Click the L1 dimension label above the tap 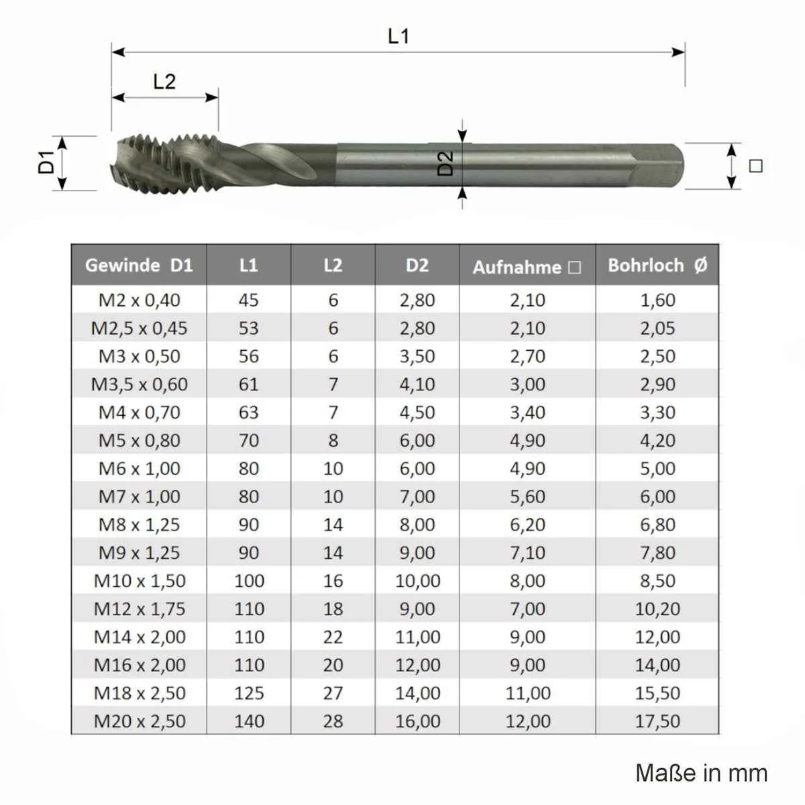[x=398, y=36]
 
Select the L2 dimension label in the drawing [x=164, y=81]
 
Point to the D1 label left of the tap [x=46, y=162]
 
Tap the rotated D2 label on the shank [x=445, y=163]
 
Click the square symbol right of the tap [x=755, y=166]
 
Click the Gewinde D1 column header [x=139, y=265]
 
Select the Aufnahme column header [x=527, y=267]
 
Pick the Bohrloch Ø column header [x=657, y=265]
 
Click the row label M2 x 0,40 [x=139, y=300]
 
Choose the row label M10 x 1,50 [x=140, y=581]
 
